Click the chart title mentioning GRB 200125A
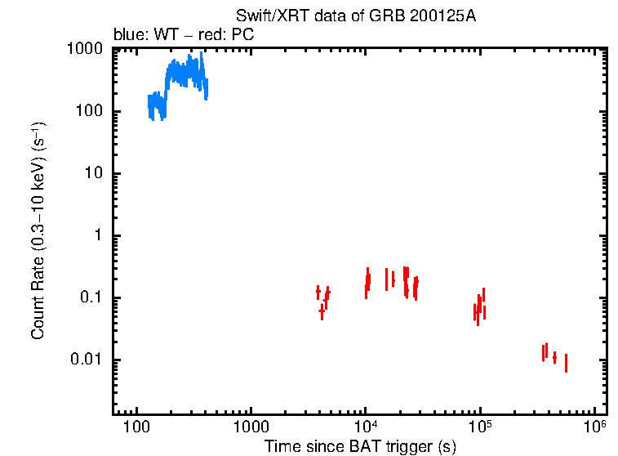pos(354,16)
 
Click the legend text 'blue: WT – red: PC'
pos(183,35)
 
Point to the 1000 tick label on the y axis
pos(85,50)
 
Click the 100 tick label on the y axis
pos(90,112)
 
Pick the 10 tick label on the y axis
pos(94,174)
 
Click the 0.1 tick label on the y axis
pos(91,298)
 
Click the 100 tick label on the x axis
pos(136,428)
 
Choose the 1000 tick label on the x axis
pos(251,428)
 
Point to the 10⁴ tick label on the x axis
pos(365,427)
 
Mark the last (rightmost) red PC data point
pos(566,363)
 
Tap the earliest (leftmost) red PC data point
pos(318,293)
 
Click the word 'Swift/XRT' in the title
pos(264,16)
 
